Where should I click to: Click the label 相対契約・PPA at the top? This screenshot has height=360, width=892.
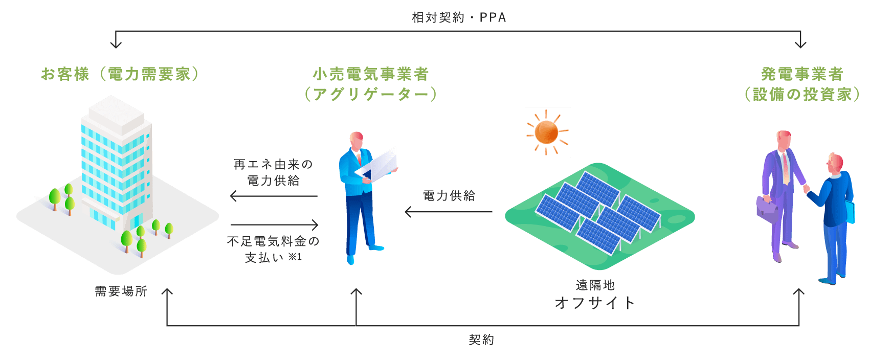click(459, 18)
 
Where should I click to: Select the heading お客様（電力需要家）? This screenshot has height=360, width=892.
click(120, 74)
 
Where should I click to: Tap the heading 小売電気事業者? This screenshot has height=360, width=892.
click(370, 74)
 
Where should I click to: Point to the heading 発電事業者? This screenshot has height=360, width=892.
click(801, 74)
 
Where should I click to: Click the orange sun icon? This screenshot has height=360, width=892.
click(547, 132)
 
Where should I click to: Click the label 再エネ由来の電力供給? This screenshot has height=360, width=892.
click(273, 172)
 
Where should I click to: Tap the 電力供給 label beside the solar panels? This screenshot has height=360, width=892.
click(449, 195)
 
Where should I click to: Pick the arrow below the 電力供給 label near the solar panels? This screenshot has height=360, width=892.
click(448, 212)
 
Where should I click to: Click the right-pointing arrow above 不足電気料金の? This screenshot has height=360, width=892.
click(275, 224)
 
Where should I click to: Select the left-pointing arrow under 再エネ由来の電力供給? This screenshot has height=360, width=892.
click(274, 196)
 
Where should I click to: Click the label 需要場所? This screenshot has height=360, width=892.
click(121, 291)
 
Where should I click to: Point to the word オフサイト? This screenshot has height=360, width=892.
click(595, 303)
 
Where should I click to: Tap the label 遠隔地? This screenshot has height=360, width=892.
click(595, 285)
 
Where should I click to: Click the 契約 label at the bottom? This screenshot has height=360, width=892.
click(481, 340)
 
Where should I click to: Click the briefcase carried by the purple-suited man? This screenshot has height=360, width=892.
click(768, 209)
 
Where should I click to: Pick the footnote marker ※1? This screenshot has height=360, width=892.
click(295, 257)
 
